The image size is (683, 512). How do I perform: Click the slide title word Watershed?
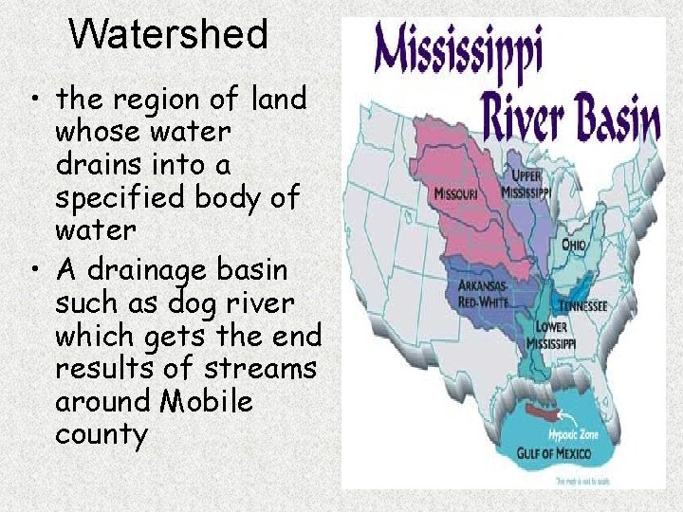coord(169,35)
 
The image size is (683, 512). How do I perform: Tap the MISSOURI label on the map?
coord(456,193)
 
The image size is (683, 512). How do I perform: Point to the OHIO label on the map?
coord(574,244)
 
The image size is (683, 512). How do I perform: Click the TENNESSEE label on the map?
coord(583,306)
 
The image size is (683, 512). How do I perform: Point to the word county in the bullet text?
coord(102,434)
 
